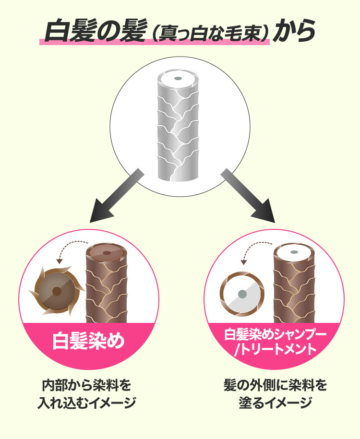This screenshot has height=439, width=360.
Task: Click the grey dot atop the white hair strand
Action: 177,79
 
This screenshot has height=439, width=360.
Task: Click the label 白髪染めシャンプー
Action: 276,334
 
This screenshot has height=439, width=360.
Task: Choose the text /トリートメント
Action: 276,349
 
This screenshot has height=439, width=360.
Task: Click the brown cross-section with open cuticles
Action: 57,291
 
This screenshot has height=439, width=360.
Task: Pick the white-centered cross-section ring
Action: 242,294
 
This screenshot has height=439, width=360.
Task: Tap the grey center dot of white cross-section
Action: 242,294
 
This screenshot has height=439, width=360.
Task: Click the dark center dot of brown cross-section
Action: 57,291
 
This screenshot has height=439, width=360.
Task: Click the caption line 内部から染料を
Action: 86,386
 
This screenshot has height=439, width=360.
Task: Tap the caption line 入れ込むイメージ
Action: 86,403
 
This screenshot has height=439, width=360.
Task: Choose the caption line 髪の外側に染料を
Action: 276,386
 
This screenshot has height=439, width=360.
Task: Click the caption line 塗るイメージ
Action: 276,403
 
